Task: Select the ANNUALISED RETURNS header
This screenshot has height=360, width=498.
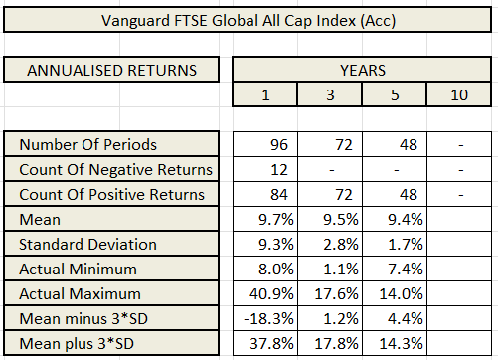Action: tap(110, 70)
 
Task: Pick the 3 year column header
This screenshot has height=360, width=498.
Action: tap(329, 94)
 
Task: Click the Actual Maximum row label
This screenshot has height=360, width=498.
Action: tap(83, 295)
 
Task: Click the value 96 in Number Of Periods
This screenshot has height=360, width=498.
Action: tap(264, 143)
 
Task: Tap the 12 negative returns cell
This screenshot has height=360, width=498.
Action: tap(264, 169)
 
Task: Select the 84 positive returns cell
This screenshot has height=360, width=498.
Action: tap(264, 194)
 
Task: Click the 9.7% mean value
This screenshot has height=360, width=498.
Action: tap(264, 220)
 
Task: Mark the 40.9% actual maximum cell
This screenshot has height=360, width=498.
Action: tap(264, 295)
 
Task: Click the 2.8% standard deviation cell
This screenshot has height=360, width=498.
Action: tap(329, 245)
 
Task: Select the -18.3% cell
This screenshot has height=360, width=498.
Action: tap(264, 320)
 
